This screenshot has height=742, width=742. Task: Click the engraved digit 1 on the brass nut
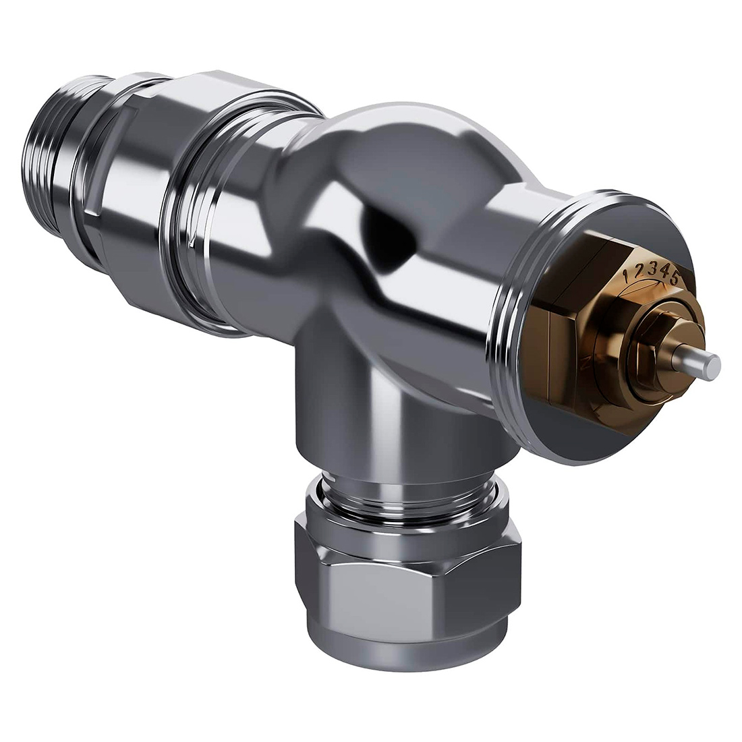click(628, 275)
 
